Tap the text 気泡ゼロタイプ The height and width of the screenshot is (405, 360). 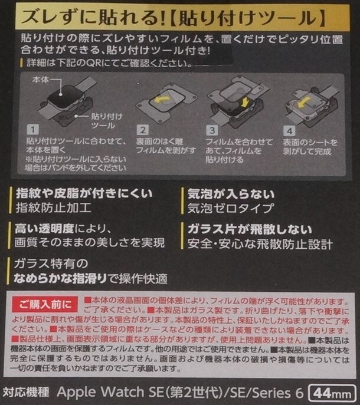coord(230,208)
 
